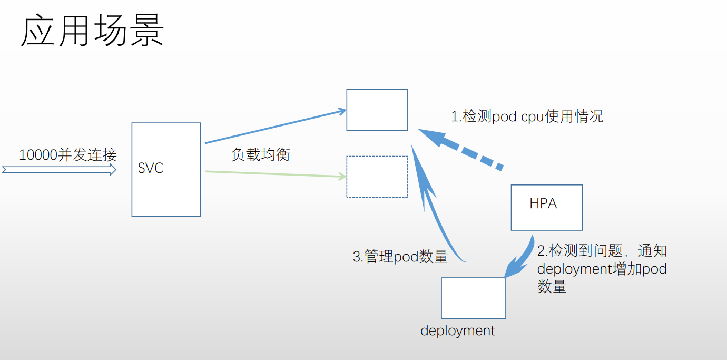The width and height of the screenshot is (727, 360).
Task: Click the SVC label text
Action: (x=151, y=168)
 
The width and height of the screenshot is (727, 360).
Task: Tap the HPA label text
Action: (x=543, y=203)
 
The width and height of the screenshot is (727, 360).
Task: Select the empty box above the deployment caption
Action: (x=473, y=298)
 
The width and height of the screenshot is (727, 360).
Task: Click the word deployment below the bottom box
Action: (x=457, y=331)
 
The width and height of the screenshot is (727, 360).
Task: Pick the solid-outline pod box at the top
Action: (x=377, y=110)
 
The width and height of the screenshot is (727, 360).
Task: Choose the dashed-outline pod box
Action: (x=377, y=177)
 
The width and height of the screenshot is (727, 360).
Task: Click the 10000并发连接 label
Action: (x=67, y=155)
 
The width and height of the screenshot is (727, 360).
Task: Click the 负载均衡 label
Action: (x=261, y=155)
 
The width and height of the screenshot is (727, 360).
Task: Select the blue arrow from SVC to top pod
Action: (x=274, y=127)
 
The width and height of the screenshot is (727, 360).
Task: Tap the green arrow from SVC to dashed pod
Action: (x=274, y=174)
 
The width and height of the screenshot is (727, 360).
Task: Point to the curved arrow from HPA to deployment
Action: (x=522, y=258)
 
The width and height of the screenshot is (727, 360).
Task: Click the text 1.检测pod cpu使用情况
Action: (x=527, y=116)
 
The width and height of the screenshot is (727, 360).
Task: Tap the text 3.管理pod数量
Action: (x=400, y=257)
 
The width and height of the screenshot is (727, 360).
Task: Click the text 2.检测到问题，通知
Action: (x=602, y=250)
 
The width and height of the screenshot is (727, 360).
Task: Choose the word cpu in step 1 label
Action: (x=532, y=117)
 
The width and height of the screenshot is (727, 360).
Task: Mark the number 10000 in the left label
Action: (x=38, y=155)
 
